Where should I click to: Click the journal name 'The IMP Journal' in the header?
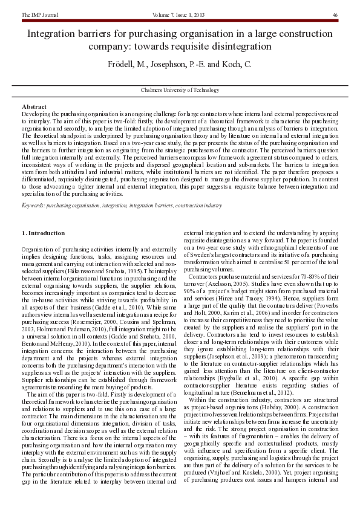pos(41,15)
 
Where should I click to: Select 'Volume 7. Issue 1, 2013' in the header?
pos(180,15)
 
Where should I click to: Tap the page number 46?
pos(335,15)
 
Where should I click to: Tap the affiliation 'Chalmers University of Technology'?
pos(180,90)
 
